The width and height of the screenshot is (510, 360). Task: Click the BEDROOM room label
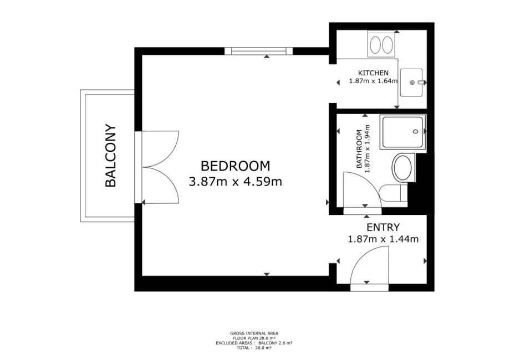(x=235, y=166)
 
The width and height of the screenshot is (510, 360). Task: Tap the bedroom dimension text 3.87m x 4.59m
(x=235, y=182)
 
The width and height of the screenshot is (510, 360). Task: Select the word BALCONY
(x=110, y=156)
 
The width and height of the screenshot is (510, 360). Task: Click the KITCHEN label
(x=373, y=73)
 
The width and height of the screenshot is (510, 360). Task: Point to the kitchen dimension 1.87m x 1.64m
(x=374, y=81)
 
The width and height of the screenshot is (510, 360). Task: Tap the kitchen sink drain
(x=412, y=83)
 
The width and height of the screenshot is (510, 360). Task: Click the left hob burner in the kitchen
(x=375, y=45)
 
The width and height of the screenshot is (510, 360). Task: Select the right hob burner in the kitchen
(x=387, y=45)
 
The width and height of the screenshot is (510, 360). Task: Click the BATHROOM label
(x=359, y=149)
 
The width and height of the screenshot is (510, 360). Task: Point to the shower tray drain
(x=415, y=132)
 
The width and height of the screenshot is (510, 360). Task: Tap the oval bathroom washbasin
(x=402, y=168)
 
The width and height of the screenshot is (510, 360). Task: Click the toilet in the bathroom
(x=393, y=194)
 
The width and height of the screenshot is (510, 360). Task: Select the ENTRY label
(x=383, y=227)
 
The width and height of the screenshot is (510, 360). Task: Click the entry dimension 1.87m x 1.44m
(x=383, y=239)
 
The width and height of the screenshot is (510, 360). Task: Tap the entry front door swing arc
(x=361, y=254)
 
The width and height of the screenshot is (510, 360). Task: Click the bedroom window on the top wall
(x=258, y=51)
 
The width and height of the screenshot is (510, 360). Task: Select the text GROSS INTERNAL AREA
(x=254, y=333)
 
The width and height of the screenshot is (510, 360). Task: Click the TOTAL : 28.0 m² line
(x=254, y=348)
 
